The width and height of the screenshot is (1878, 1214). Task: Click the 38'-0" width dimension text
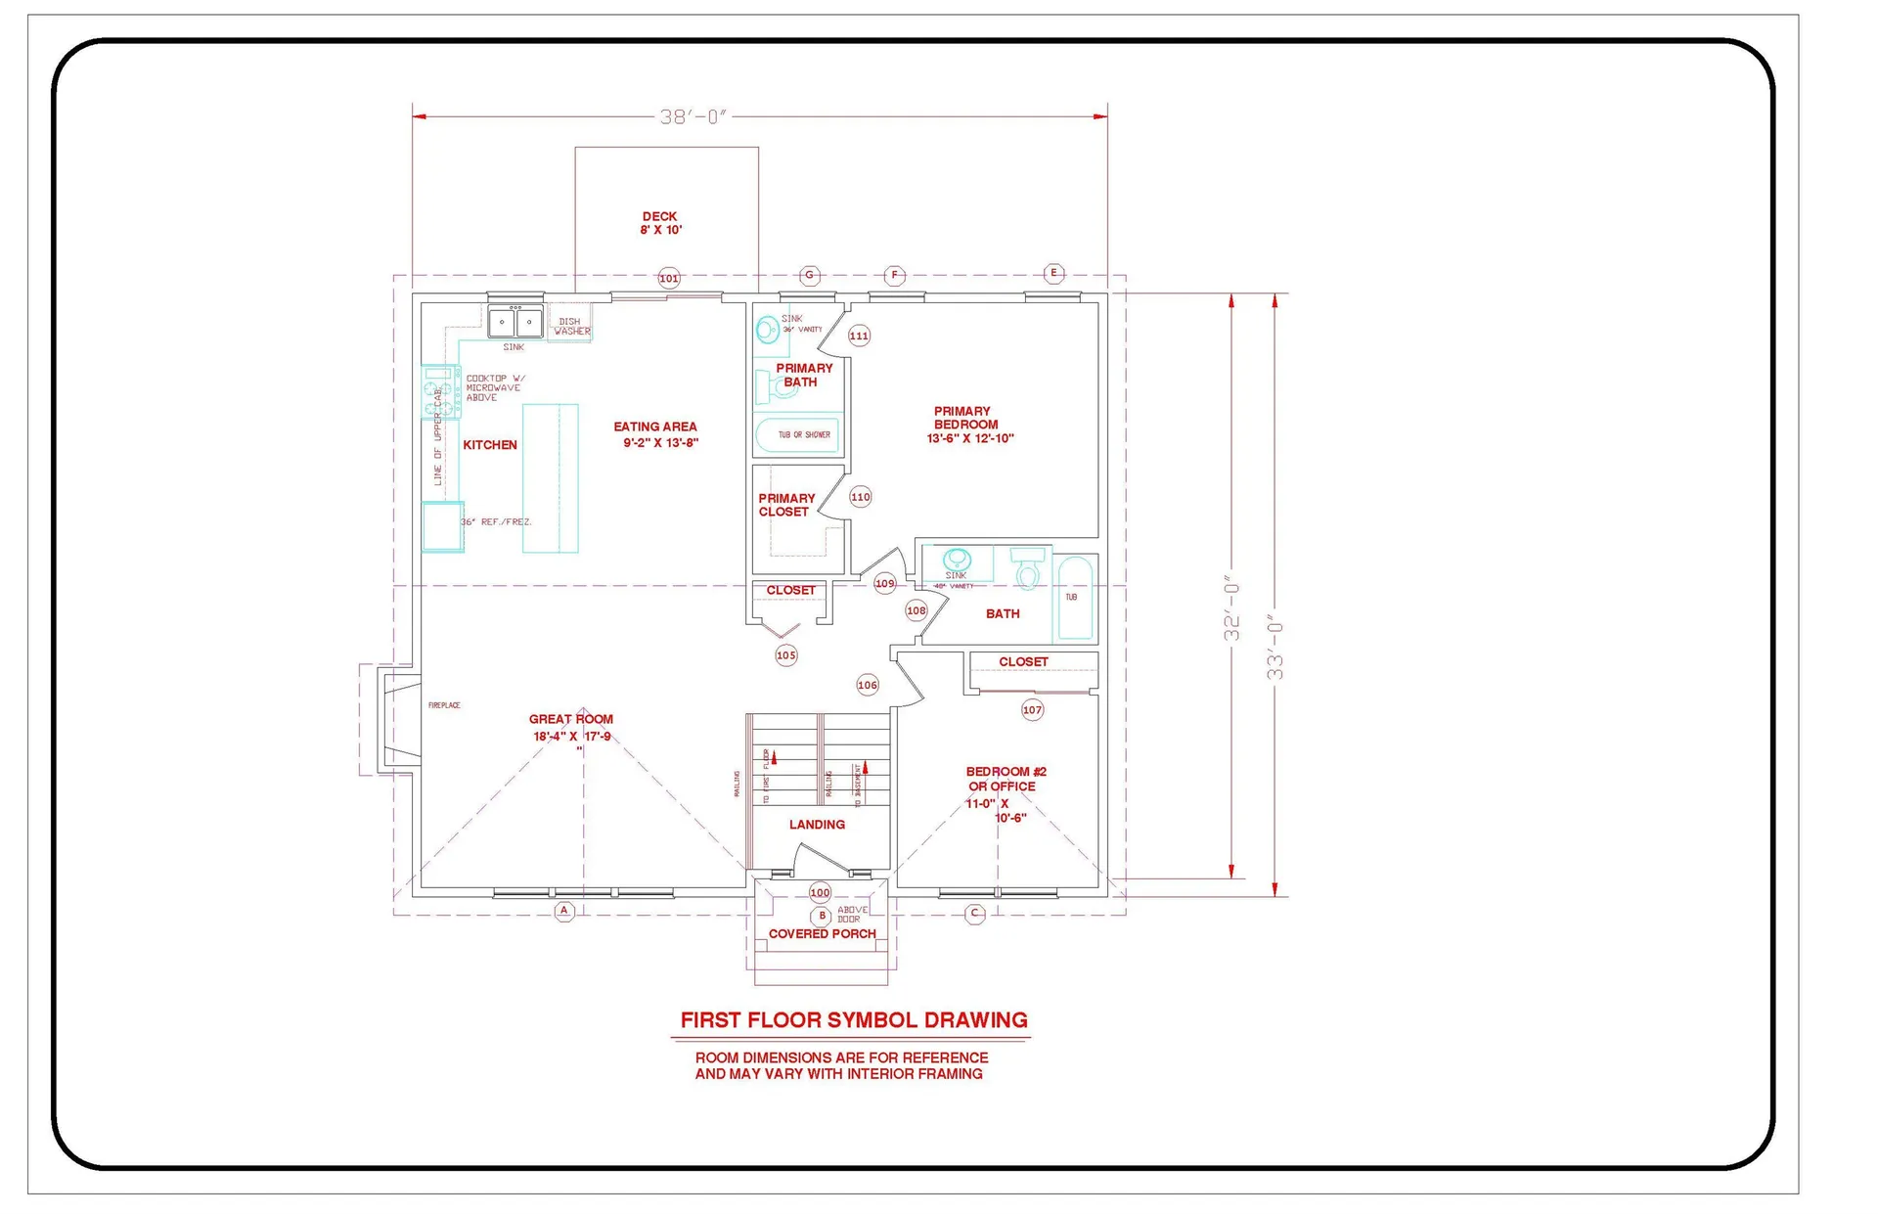(x=693, y=117)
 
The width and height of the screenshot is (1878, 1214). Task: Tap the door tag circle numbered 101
(x=669, y=279)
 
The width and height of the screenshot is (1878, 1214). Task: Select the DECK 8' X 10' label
(x=660, y=223)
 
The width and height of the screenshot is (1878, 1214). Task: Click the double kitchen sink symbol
(x=515, y=321)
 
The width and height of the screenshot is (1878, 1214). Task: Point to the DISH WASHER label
(x=571, y=326)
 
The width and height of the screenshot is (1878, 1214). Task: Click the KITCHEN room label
(x=490, y=445)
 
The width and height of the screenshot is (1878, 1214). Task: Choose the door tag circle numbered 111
(x=859, y=336)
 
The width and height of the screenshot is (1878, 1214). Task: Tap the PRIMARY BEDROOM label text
(x=967, y=425)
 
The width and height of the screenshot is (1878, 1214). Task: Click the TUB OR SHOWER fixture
(x=797, y=434)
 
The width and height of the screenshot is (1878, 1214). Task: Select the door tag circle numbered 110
(x=861, y=497)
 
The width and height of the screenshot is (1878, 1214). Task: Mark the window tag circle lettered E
(x=1053, y=273)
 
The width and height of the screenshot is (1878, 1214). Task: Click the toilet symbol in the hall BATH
(x=1026, y=568)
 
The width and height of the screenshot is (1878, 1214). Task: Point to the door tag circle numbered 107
(x=1032, y=710)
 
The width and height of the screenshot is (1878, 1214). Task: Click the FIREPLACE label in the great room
(x=444, y=705)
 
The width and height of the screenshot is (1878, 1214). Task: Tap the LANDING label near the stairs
(x=817, y=825)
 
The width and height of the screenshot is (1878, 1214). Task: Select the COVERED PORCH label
(x=822, y=934)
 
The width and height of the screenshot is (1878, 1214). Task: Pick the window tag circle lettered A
(x=564, y=911)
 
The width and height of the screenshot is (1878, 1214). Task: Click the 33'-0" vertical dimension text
(x=1274, y=647)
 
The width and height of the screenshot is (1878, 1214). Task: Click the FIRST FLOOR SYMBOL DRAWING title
(x=854, y=1020)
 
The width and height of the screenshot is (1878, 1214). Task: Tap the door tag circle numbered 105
(x=786, y=655)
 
